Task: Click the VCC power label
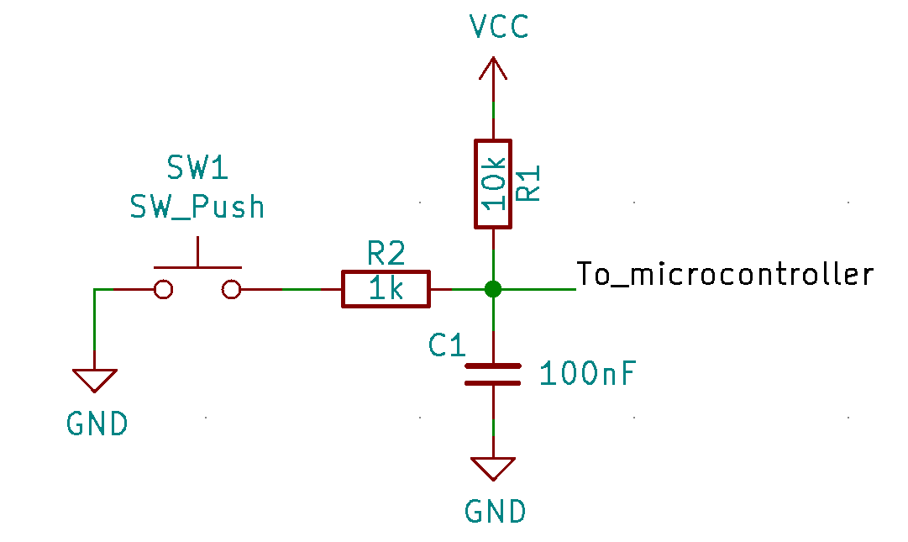point(499,27)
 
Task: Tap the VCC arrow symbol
point(493,68)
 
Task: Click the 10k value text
point(494,183)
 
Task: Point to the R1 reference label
point(528,183)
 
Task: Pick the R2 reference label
point(386,254)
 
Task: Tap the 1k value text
point(386,287)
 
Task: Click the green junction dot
point(493,289)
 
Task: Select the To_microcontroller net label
point(725,274)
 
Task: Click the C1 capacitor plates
point(493,375)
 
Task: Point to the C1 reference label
point(447,345)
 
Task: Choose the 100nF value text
point(587,373)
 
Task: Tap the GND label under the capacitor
point(495,511)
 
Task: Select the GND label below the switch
point(97,424)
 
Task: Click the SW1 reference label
point(197,167)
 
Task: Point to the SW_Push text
point(197,207)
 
